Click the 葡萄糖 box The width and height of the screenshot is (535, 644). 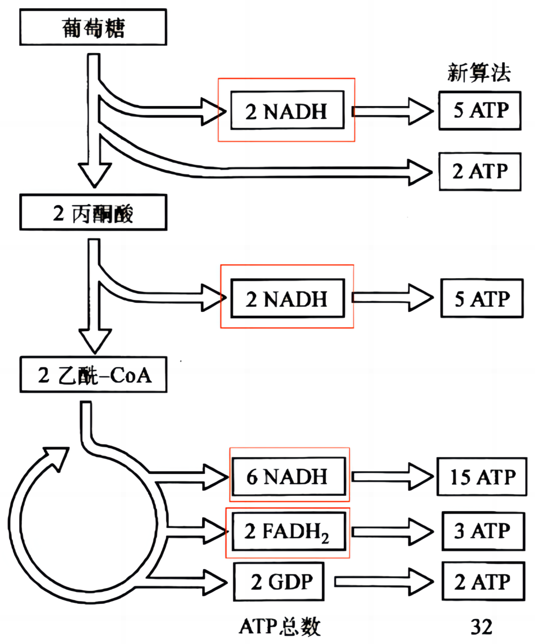tap(93, 27)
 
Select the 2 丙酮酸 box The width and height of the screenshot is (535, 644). tap(93, 213)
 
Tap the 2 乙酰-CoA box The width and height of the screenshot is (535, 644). tap(93, 375)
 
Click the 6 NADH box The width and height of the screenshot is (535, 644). tap(288, 476)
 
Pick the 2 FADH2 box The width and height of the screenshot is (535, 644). tap(288, 531)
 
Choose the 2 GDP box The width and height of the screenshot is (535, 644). tap(279, 582)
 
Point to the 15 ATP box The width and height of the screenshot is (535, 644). tap(481, 476)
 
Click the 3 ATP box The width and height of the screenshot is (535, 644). tap(483, 531)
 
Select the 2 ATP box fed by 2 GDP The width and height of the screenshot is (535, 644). tap(483, 582)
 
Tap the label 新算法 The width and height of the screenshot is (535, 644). tap(479, 73)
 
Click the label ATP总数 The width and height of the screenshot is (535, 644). tap(280, 627)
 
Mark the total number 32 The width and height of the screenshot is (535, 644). tap(481, 627)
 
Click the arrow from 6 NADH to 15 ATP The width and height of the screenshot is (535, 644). tap(391, 476)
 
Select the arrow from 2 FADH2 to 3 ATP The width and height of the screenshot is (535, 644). tap(391, 531)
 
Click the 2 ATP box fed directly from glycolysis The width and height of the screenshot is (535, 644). tap(480, 172)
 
